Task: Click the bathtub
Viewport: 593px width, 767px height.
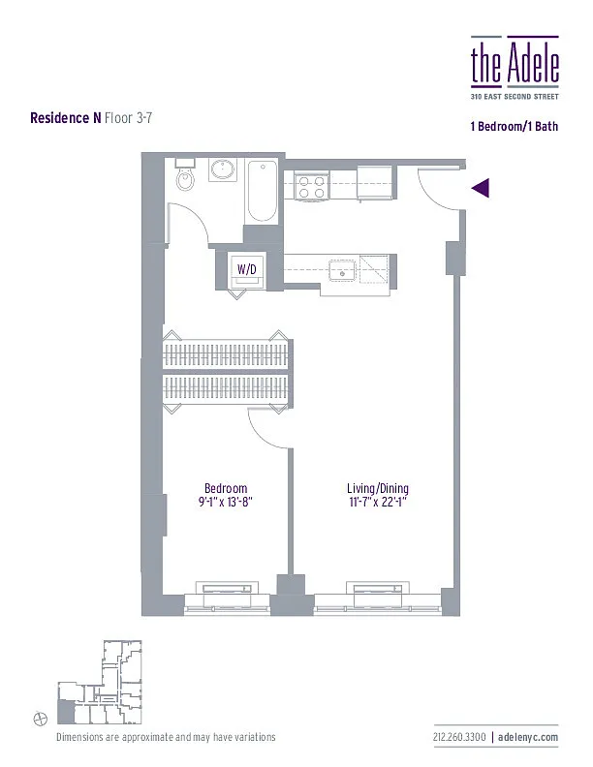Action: coord(262,190)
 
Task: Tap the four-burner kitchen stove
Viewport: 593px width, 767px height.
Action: coord(310,185)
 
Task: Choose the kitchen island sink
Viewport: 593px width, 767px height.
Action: coord(341,269)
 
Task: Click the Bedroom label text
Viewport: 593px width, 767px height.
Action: coord(226,488)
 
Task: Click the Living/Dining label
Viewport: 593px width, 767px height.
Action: coord(375,488)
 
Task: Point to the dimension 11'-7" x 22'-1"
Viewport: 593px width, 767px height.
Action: coord(375,502)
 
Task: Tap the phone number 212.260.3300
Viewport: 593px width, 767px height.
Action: coord(460,738)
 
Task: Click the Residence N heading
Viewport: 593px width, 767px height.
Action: coord(65,118)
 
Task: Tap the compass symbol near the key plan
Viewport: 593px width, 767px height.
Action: coord(40,718)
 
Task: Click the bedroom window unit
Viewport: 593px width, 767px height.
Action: coord(226,591)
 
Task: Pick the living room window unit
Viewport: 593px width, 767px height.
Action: coord(375,591)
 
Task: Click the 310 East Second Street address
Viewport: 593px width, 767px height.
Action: coord(515,95)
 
